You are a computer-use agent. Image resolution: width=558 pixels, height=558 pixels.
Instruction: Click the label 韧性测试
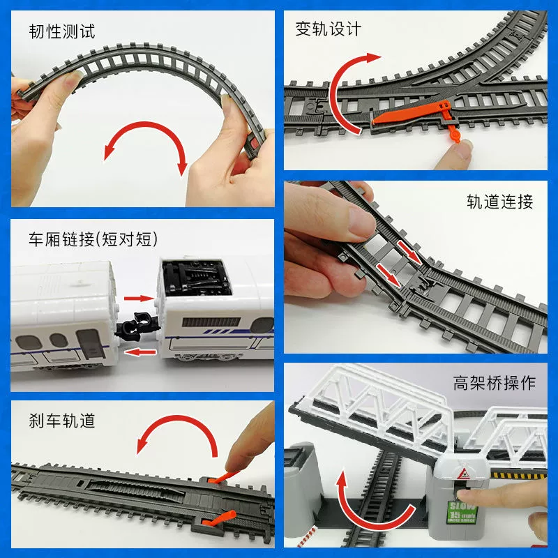pyautogui.click(x=62, y=31)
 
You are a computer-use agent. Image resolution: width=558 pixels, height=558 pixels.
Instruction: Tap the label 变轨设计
pyautogui.click(x=328, y=29)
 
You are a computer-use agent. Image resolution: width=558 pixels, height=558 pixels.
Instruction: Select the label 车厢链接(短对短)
pyautogui.click(x=93, y=239)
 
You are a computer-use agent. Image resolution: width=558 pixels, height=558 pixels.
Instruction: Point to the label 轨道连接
pyautogui.click(x=500, y=202)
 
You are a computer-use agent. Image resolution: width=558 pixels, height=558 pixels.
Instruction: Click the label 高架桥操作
pyautogui.click(x=495, y=383)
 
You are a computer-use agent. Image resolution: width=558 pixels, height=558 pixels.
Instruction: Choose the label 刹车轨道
pyautogui.click(x=62, y=421)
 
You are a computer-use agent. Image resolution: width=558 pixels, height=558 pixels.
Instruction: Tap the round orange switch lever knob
pyautogui.click(x=455, y=135)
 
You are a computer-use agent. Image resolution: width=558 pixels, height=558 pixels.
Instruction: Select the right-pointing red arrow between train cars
pyautogui.click(x=139, y=298)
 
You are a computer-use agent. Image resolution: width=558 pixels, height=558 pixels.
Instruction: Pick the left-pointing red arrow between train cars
pyautogui.click(x=141, y=352)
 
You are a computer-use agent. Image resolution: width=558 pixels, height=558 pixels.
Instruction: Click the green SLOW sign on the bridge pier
pyautogui.click(x=462, y=512)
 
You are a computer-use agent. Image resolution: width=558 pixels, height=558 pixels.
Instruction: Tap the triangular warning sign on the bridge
pyautogui.click(x=462, y=474)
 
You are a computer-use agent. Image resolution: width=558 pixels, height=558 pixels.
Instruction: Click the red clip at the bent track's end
pyautogui.click(x=255, y=144)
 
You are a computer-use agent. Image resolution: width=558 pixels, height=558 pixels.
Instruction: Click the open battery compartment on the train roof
pyautogui.click(x=195, y=278)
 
